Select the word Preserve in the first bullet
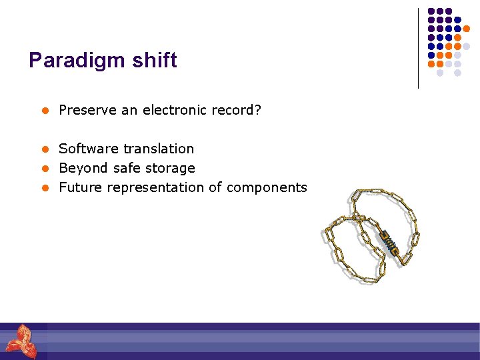coord(88,109)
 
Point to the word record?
coord(237,109)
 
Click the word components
coord(267,188)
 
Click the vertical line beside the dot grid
coord(418,48)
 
